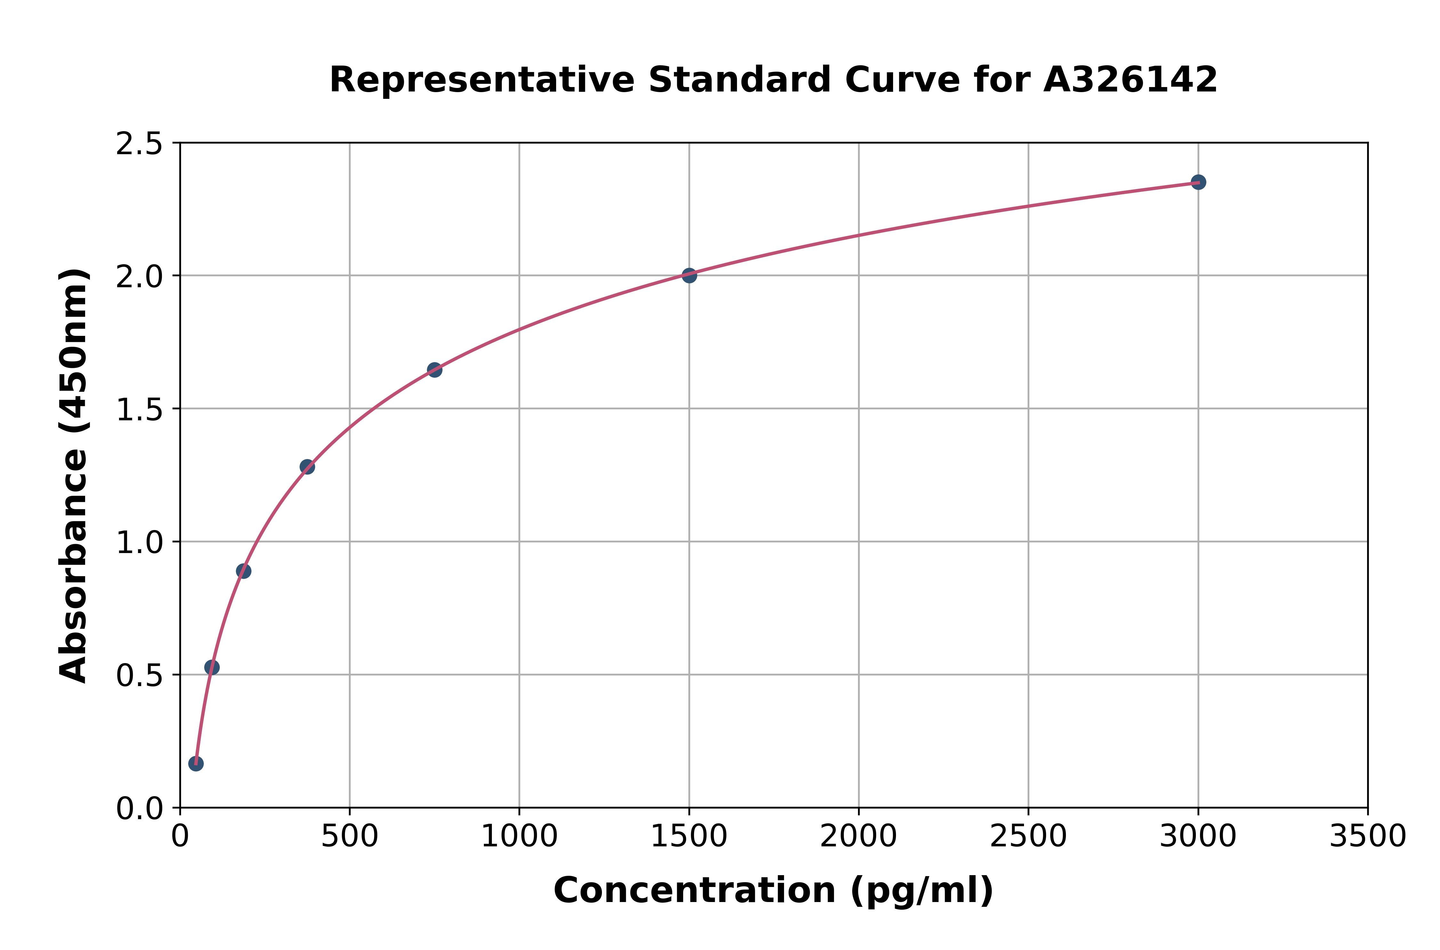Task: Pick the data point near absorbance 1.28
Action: click(307, 466)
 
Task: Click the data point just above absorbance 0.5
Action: click(212, 667)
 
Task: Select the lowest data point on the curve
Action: click(196, 764)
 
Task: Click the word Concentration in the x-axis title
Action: click(694, 891)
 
